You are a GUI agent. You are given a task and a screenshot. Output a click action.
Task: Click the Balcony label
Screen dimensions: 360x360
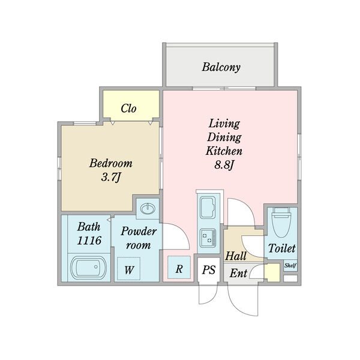tap(221, 67)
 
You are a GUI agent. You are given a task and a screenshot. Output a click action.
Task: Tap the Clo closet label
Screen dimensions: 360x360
tap(128, 109)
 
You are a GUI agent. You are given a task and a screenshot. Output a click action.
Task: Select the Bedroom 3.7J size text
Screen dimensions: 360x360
tap(111, 177)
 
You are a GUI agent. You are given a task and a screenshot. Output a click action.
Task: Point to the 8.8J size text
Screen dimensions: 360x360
tap(224, 164)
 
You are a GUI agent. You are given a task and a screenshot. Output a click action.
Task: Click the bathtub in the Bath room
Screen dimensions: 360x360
tap(88, 267)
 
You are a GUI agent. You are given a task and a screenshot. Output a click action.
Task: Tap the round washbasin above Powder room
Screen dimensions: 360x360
tap(148, 209)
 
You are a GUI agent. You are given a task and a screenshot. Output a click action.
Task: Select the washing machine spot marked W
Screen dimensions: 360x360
tap(128, 269)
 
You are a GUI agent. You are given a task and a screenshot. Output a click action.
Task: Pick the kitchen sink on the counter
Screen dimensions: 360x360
tap(208, 208)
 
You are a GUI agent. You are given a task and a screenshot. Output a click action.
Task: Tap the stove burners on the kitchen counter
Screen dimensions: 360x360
tap(208, 238)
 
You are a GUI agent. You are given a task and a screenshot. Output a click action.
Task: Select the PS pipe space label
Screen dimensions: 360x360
tap(209, 270)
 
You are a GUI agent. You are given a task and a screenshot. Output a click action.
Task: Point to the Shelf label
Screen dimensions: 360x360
tap(290, 266)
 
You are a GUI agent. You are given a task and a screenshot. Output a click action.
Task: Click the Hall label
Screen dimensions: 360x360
tap(236, 256)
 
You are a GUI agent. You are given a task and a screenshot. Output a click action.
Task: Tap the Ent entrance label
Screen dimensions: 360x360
tap(238, 273)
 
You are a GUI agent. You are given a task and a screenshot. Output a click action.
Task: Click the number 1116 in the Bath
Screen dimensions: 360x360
tap(89, 241)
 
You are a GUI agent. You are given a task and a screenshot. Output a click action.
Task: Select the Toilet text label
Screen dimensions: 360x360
tap(282, 248)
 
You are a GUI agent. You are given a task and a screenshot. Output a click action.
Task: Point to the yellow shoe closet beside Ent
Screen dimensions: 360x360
tap(272, 272)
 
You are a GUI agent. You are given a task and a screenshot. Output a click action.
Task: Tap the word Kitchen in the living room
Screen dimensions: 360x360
tap(224, 151)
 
